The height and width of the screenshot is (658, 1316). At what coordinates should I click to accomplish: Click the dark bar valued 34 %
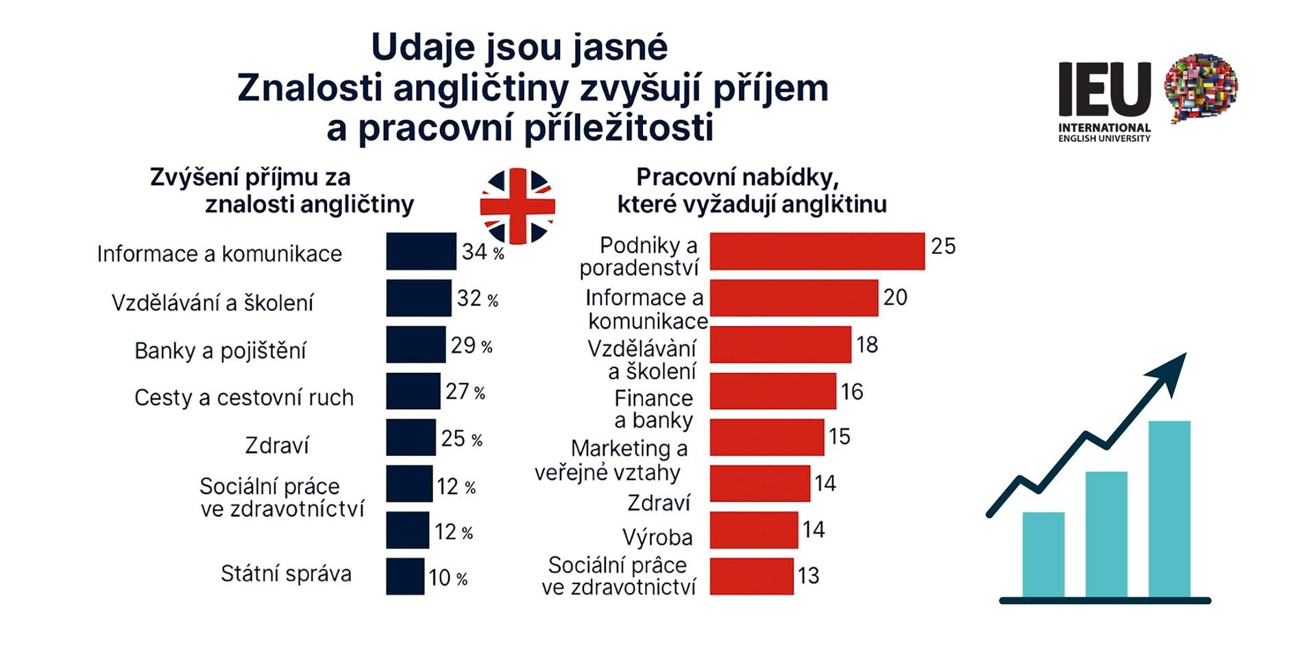(421, 251)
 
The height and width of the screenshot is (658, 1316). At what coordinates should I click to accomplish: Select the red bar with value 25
(817, 251)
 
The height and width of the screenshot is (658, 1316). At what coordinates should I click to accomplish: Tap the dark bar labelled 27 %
(413, 391)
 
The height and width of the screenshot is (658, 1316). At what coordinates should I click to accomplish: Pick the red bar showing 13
(751, 576)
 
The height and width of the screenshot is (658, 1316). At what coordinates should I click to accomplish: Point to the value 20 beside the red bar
(895, 297)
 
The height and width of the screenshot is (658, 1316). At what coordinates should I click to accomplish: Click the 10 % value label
(448, 578)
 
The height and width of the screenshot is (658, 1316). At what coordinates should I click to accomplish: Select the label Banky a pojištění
(220, 351)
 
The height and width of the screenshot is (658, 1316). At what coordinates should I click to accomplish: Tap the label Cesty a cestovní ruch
(244, 398)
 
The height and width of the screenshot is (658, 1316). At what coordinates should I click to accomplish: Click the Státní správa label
(286, 574)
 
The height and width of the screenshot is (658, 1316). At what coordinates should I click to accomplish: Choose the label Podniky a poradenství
(640, 256)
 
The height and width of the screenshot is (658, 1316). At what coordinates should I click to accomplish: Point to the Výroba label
(657, 537)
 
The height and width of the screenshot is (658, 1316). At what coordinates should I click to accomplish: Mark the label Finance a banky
(654, 409)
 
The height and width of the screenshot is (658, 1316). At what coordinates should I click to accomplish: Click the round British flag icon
(517, 206)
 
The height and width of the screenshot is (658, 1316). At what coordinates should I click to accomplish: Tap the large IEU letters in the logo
(1104, 89)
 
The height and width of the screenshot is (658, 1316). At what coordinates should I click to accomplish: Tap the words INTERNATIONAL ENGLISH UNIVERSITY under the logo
(1104, 133)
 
